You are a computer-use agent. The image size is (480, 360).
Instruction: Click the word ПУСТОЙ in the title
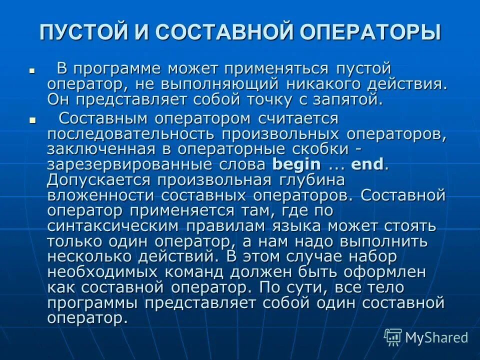coord(82,32)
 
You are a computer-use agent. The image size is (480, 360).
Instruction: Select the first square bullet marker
coord(31,71)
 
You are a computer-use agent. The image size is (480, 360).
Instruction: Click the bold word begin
coord(295,164)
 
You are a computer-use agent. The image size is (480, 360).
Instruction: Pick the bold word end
coord(367,164)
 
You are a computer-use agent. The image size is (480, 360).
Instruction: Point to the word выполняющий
coord(211,83)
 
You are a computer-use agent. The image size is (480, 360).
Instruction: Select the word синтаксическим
coord(113,226)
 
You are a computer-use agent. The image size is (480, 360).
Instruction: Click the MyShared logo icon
coord(393,337)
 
